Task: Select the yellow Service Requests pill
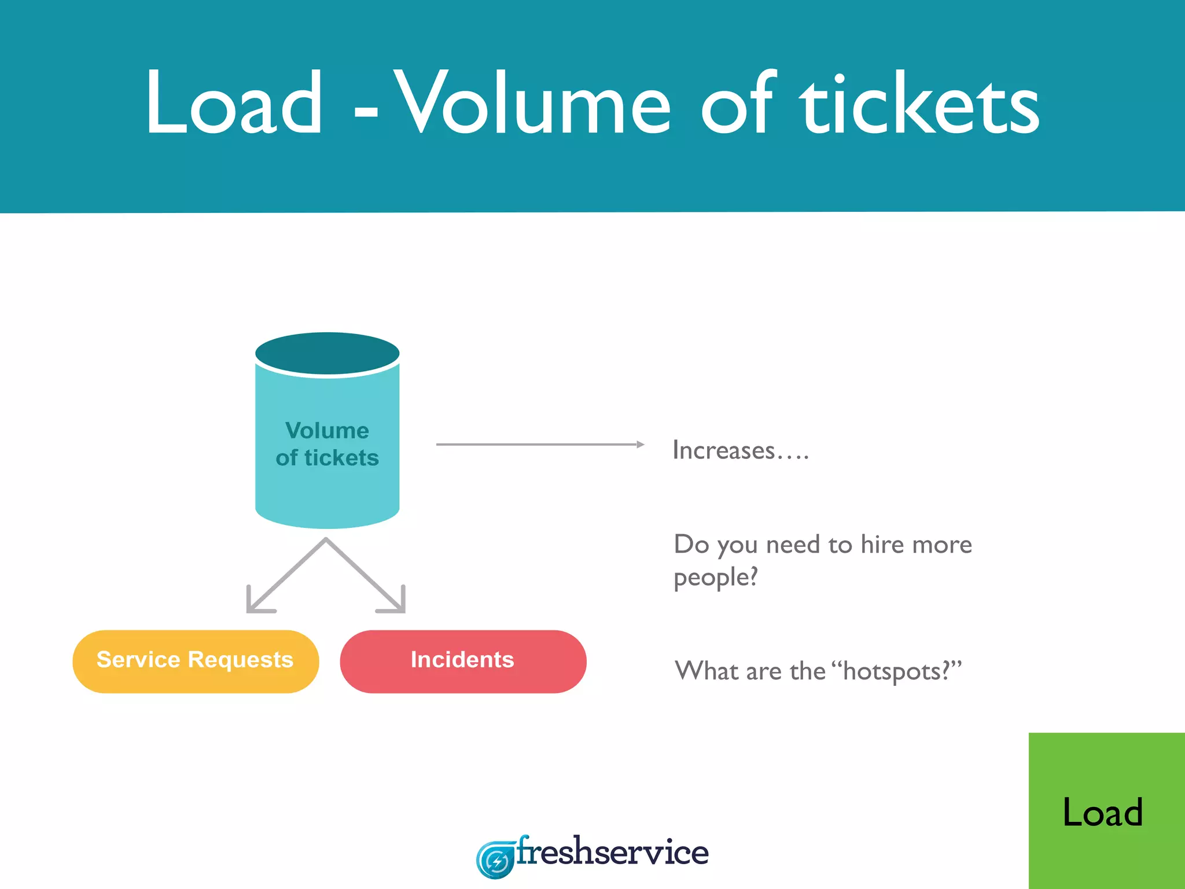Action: point(196,661)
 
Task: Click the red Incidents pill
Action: point(463,661)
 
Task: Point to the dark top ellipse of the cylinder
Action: point(327,352)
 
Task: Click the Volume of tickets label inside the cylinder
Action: point(327,444)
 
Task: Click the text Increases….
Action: point(740,450)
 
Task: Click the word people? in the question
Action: point(716,578)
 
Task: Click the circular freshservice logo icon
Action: point(495,860)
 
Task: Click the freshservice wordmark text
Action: point(612,852)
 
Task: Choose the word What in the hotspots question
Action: point(707,671)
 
